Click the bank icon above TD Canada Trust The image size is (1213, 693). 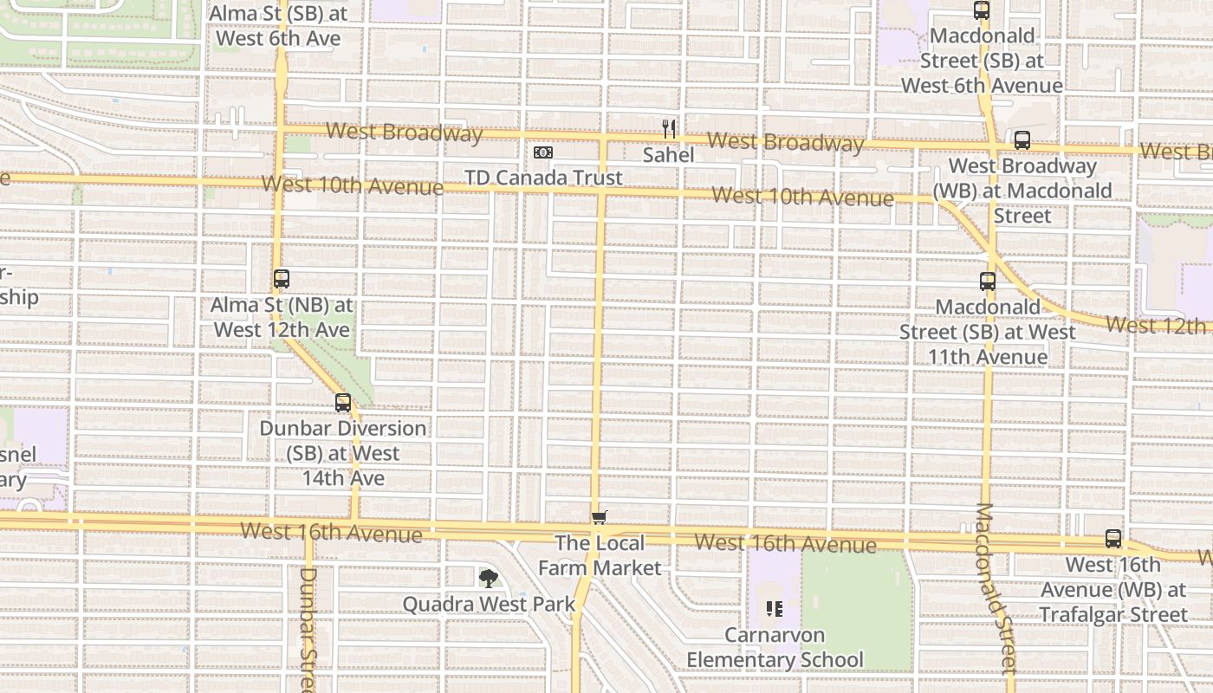coord(543,152)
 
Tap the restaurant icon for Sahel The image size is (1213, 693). coord(668,129)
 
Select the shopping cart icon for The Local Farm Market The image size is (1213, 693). coord(599,518)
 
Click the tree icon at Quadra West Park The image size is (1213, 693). coord(489,578)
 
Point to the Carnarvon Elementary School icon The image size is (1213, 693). coord(775,609)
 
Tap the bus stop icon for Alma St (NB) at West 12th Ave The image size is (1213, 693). coord(282,279)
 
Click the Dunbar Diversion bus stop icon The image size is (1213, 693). coord(343,403)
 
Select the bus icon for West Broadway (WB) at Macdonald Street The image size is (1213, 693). coord(1022,140)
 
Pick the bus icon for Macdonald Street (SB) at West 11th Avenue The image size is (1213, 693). coord(988,282)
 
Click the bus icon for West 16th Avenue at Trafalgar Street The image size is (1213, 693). coord(1113,539)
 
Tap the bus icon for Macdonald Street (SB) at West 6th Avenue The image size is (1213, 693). coord(982,10)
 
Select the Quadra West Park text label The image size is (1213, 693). coord(489,604)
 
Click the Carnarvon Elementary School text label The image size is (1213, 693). coord(775,647)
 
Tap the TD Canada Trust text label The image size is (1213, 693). coord(543,178)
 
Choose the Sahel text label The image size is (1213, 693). coord(668,155)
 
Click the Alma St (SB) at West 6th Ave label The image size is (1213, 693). coord(277,26)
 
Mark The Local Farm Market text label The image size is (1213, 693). coord(600,555)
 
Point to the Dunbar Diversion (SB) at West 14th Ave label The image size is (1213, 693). coord(343,453)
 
